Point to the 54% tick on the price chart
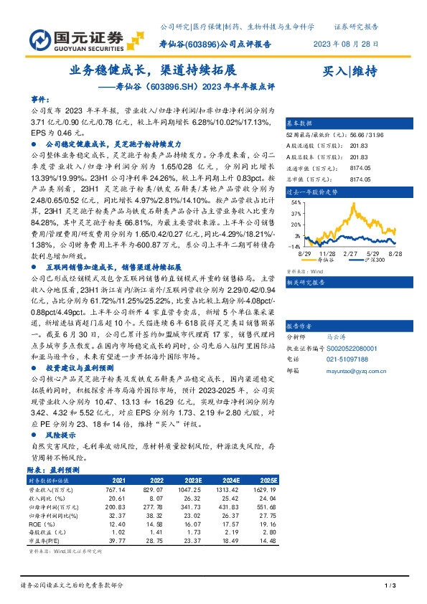coord(295,203)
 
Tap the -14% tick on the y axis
coord(294,245)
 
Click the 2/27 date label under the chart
coord(352,254)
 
